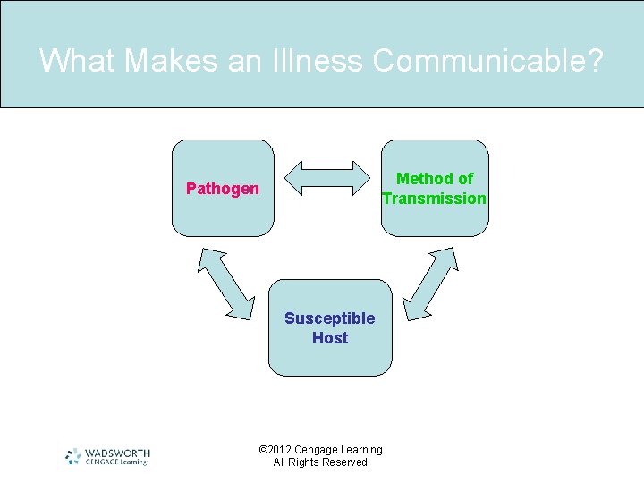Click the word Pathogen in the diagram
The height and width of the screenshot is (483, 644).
[223, 189]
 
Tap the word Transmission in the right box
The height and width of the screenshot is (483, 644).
[435, 199]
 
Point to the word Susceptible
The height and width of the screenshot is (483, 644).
[330, 318]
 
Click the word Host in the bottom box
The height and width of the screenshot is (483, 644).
[330, 338]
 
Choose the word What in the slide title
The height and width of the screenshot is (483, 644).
[79, 61]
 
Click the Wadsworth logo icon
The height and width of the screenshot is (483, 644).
[73, 456]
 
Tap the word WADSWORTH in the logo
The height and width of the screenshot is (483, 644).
[117, 453]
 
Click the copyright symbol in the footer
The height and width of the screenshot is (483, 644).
[263, 450]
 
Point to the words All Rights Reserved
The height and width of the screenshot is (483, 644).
[321, 462]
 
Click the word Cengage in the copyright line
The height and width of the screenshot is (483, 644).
[321, 450]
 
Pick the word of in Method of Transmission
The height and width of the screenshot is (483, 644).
[464, 179]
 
